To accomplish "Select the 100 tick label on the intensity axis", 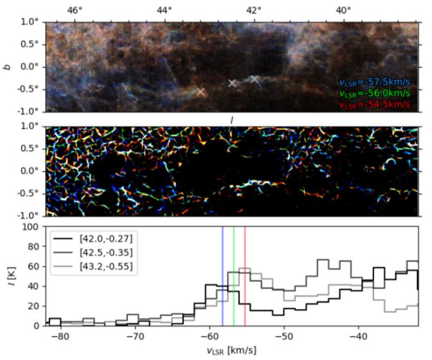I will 28,226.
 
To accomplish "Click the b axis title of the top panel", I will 8,66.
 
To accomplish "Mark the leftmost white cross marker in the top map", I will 201,92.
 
